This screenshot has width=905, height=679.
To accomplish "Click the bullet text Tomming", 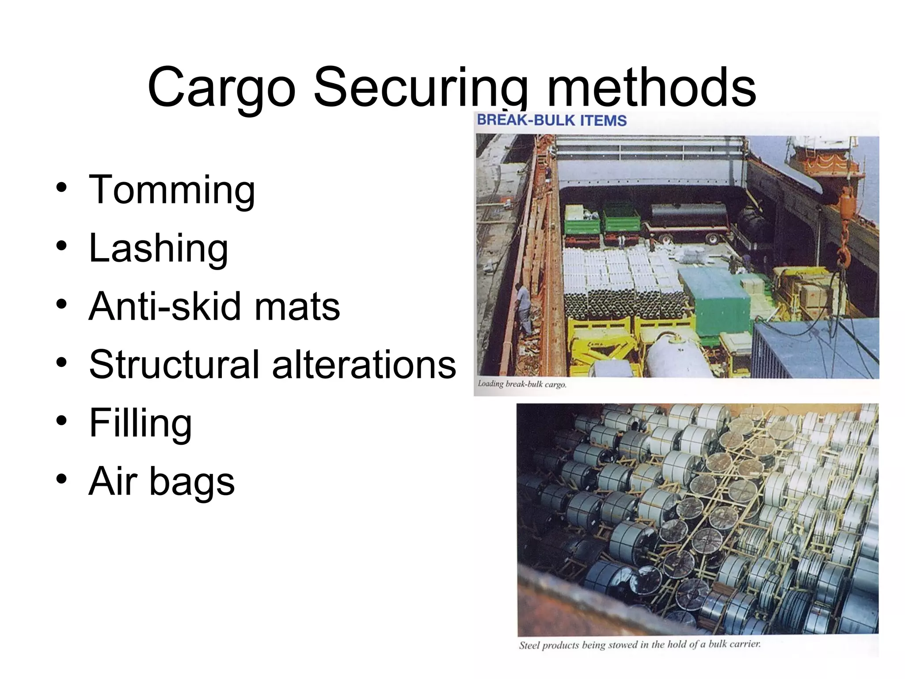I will pyautogui.click(x=172, y=190).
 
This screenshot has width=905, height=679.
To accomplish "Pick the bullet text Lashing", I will pyautogui.click(x=158, y=248).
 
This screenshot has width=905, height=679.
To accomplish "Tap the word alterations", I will pyautogui.click(x=364, y=365).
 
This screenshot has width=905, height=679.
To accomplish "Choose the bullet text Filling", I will pyautogui.click(x=140, y=423).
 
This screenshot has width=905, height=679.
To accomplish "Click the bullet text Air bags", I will pyautogui.click(x=161, y=481).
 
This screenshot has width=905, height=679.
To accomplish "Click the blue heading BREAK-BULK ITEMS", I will pyautogui.click(x=552, y=120).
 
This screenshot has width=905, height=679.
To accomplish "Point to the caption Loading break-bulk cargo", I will pyautogui.click(x=521, y=384).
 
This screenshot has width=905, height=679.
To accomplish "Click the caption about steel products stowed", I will pyautogui.click(x=639, y=645).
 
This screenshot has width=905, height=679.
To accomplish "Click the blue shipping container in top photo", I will pyautogui.click(x=813, y=349).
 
